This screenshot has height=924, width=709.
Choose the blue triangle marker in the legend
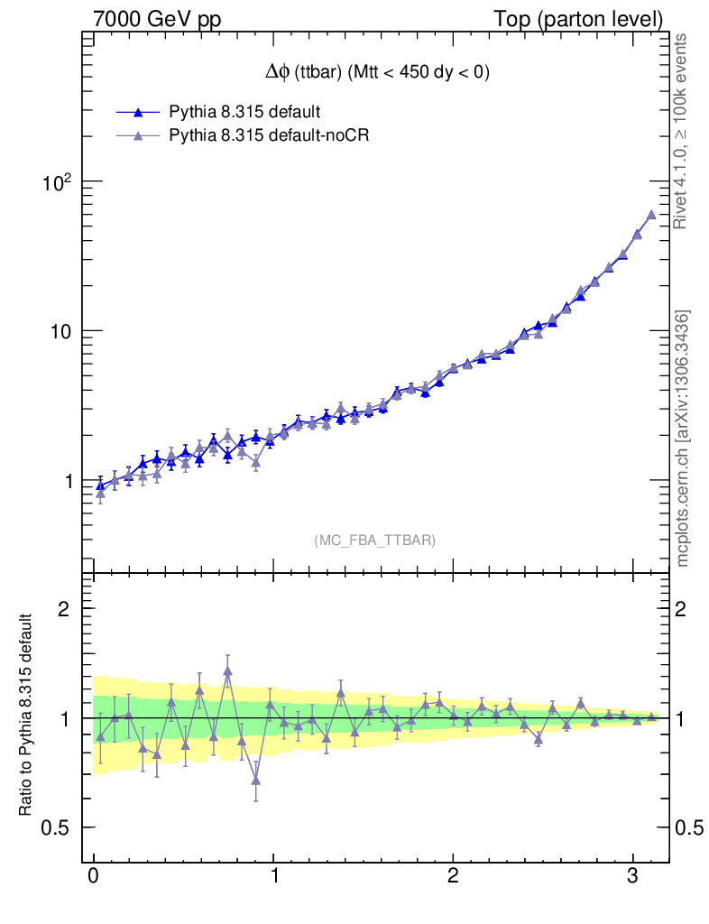(x=138, y=113)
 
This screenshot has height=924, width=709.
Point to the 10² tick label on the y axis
(x=58, y=182)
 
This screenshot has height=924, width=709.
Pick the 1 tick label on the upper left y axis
(x=69, y=481)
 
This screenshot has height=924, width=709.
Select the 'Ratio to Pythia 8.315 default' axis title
(x=28, y=716)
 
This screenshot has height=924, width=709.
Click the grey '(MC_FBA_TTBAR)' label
(x=374, y=541)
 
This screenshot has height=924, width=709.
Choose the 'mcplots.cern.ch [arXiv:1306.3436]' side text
(x=683, y=438)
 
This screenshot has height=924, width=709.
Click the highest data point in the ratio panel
(x=227, y=670)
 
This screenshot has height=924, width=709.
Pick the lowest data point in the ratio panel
(x=256, y=780)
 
